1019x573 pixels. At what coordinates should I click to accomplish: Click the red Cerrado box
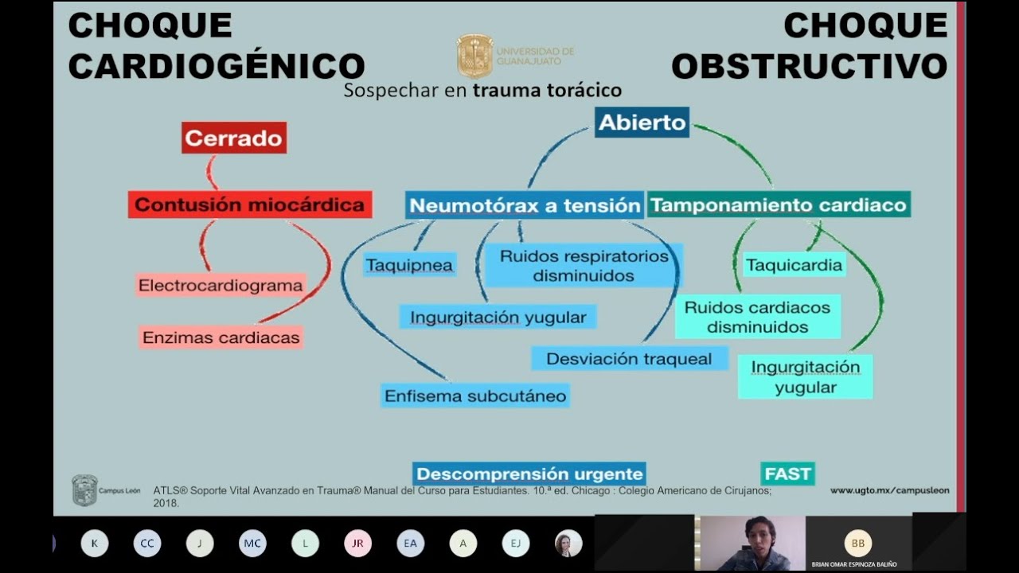click(x=233, y=138)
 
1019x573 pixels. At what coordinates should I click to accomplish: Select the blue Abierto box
click(x=642, y=123)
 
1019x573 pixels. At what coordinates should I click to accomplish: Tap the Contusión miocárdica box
click(x=249, y=205)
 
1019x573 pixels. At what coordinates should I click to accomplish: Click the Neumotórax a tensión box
click(x=525, y=205)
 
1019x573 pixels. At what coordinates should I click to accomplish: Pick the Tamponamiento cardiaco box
click(x=778, y=205)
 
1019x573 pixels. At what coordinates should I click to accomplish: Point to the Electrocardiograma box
click(x=221, y=285)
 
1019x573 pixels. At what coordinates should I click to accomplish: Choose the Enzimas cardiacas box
click(x=221, y=337)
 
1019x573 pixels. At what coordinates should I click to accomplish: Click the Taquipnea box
click(x=409, y=265)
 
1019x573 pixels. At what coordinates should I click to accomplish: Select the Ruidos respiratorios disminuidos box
click(x=584, y=266)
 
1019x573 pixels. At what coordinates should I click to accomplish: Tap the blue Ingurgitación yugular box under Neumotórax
click(x=498, y=318)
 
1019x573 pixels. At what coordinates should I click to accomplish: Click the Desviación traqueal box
click(x=629, y=359)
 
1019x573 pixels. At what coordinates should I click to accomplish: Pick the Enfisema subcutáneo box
click(x=475, y=396)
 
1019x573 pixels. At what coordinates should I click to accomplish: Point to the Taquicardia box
click(x=793, y=265)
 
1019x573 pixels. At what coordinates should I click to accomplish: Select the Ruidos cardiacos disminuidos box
click(x=757, y=317)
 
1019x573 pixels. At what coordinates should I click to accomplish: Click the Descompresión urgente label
click(x=529, y=474)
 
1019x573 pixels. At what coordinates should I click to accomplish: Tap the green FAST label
click(x=787, y=474)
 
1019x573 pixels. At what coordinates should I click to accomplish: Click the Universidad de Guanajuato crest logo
click(x=474, y=56)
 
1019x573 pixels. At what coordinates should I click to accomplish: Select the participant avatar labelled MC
click(x=252, y=544)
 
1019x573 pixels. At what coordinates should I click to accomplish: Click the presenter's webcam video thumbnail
click(x=752, y=543)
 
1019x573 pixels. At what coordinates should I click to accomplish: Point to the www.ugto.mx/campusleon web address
click(x=889, y=491)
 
